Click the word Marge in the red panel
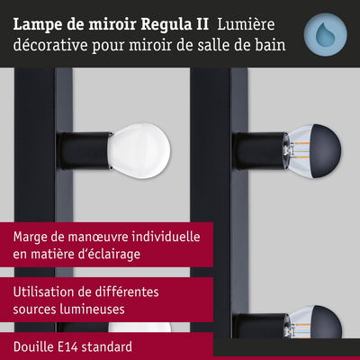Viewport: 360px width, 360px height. (32, 237)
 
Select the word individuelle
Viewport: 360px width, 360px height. (172, 237)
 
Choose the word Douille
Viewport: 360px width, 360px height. (35, 346)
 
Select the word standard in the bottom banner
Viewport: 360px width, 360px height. (113, 346)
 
